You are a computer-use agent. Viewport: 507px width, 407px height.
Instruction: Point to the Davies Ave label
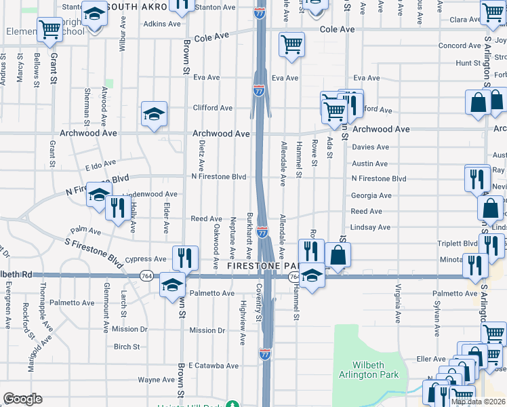[370, 147]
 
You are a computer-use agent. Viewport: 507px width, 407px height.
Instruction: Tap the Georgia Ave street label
[371, 195]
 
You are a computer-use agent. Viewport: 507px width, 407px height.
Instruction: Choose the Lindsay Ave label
[371, 227]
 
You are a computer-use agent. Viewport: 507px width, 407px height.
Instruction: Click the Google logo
[22, 399]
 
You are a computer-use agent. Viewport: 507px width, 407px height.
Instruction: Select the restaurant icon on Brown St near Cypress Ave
[184, 258]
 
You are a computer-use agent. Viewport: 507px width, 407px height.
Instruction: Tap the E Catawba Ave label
[213, 365]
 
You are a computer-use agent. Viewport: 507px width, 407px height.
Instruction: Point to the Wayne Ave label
[157, 380]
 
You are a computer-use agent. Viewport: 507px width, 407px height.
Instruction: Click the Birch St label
[127, 346]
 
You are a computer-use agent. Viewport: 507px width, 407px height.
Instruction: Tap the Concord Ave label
[459, 45]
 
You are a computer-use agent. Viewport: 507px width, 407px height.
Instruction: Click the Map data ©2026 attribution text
[477, 402]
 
